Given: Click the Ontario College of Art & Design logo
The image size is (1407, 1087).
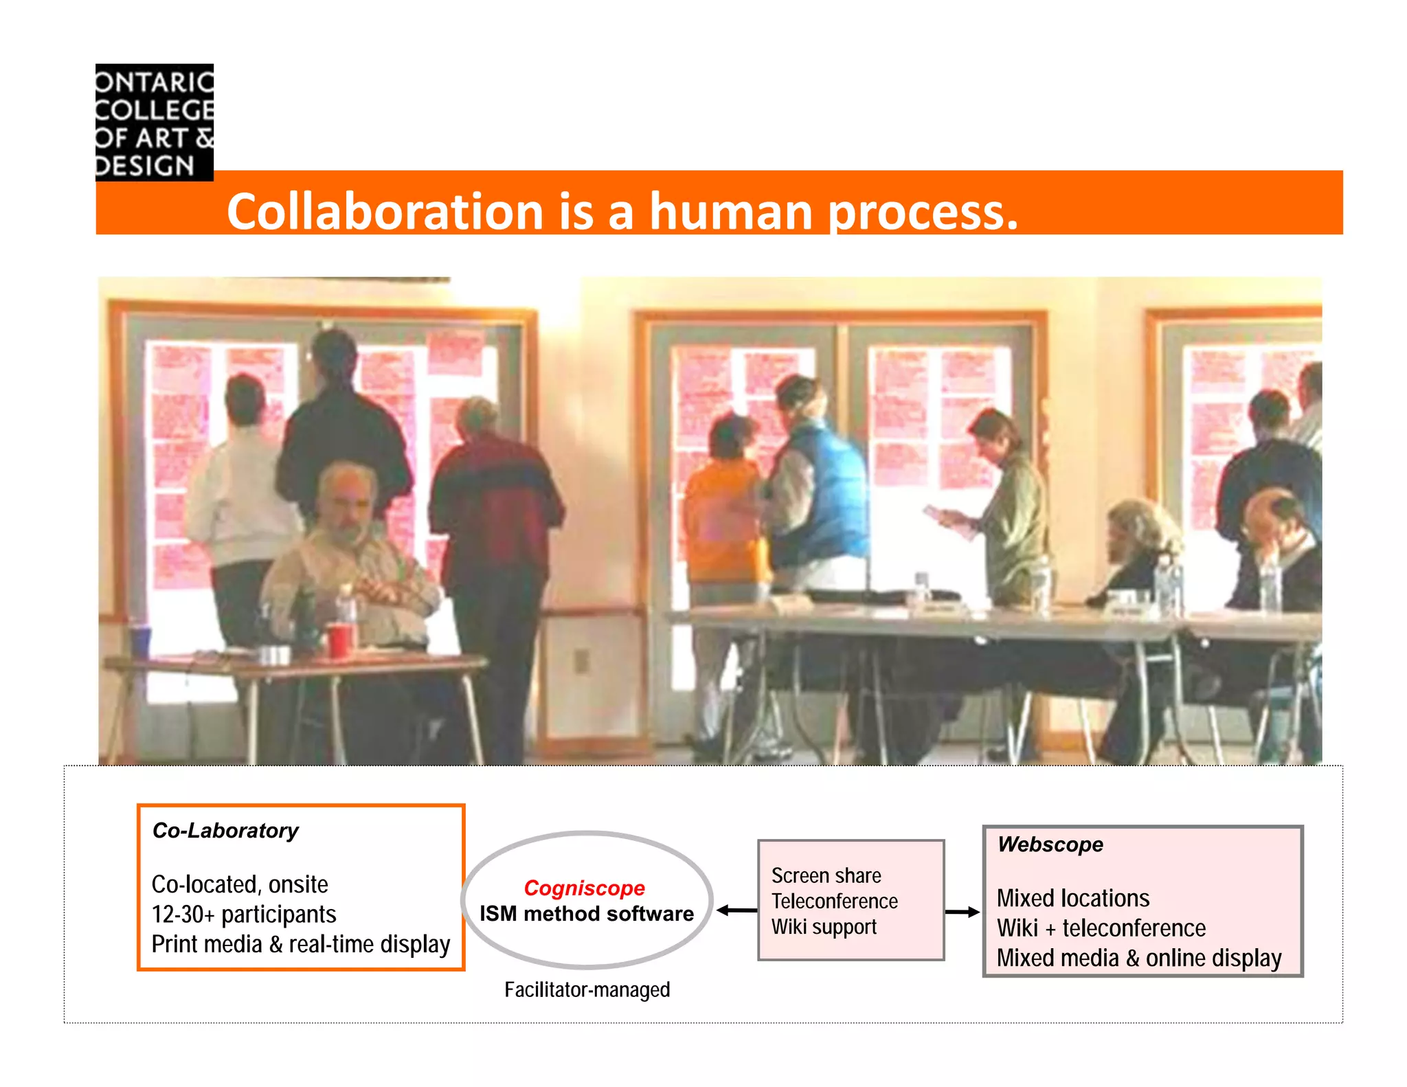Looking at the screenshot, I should [x=155, y=122].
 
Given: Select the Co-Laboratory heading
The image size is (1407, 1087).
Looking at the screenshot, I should [x=225, y=831].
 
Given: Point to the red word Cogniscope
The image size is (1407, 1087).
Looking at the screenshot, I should [x=584, y=888].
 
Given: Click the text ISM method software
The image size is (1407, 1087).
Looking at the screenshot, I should [x=587, y=914].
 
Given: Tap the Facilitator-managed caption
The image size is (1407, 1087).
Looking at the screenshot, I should [x=587, y=989].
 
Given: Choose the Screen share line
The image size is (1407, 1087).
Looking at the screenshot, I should [x=826, y=875].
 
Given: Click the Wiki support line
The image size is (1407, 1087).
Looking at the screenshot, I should [x=824, y=927].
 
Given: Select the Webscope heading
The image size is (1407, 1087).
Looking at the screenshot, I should [x=1050, y=844].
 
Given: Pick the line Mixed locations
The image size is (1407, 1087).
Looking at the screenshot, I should [x=1072, y=898].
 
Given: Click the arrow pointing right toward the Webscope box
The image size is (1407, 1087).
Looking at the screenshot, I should [x=963, y=912].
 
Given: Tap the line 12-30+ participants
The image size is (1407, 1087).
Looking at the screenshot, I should [x=244, y=915].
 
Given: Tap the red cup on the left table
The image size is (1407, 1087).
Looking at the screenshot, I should [x=339, y=639].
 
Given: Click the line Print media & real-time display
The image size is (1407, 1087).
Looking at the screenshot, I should [x=300, y=945].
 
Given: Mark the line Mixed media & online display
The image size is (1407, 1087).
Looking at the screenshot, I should [x=1138, y=959].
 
